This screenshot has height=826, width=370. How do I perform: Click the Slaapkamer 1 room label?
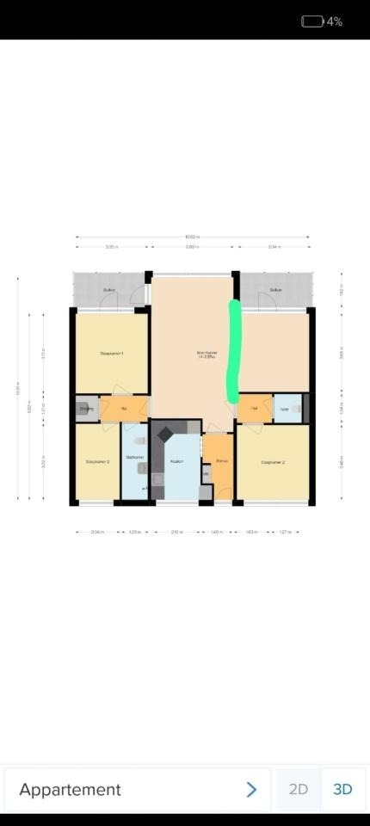112,354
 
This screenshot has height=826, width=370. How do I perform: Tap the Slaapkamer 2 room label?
273,463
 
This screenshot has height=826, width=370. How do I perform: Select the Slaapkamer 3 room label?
97,463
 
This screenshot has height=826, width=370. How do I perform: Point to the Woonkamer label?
206,354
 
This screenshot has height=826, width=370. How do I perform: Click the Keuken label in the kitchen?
176,462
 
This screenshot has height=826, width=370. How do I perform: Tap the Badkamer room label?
134,457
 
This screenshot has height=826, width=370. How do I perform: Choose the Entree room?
221,462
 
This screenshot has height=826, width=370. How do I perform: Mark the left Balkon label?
109,290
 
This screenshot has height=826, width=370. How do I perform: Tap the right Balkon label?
275,290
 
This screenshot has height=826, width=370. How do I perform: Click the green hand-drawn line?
233,353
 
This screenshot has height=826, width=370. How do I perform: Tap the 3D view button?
342,789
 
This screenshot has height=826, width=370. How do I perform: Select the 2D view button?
298,789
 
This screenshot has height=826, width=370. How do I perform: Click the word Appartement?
70,789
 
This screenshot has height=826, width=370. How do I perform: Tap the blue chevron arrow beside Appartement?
251,789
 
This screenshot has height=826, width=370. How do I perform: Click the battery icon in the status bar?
311,22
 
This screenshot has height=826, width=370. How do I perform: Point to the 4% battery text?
335,22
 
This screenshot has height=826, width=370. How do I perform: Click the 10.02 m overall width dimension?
191,237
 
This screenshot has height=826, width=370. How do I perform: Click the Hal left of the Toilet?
254,408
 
